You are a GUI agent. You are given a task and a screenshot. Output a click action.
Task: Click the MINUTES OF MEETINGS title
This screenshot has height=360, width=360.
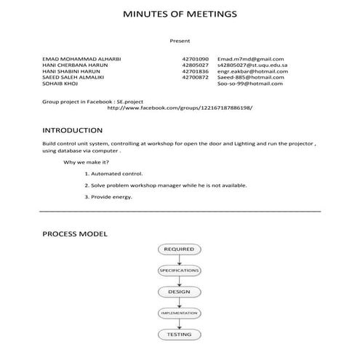[x=179, y=15]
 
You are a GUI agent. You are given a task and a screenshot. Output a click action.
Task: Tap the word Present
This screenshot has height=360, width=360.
[x=180, y=41]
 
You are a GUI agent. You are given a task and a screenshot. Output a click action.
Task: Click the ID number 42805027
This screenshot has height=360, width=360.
[x=195, y=65]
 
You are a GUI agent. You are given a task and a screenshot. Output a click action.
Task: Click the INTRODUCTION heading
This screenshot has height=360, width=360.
[x=72, y=131]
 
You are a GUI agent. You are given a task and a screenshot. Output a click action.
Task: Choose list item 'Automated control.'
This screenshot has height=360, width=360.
[x=113, y=174]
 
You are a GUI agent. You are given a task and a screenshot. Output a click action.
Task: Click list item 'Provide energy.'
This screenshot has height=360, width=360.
[x=108, y=196]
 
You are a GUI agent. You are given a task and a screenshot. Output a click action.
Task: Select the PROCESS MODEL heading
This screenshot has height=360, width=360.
[x=75, y=234]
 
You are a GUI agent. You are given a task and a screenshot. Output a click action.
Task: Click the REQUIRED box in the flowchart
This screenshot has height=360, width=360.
[x=179, y=249]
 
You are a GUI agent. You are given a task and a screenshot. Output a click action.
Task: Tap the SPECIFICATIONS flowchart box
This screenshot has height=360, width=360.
[x=179, y=271]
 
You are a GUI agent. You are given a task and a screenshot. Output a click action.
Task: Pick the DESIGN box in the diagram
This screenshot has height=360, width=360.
[x=179, y=292]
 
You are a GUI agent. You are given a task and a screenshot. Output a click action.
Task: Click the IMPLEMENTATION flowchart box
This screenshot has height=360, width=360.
[x=179, y=313]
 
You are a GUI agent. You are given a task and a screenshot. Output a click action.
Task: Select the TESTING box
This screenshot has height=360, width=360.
[x=179, y=335]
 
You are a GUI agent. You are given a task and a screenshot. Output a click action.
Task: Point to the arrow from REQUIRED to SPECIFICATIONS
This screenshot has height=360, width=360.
[x=179, y=260]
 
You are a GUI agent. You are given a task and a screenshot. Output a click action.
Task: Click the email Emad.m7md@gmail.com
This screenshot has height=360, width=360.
[x=250, y=59]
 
